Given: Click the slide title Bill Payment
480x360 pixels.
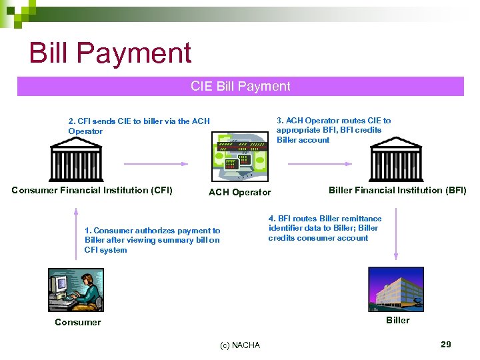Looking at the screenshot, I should (x=110, y=53).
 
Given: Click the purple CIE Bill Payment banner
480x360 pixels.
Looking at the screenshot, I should (x=240, y=86).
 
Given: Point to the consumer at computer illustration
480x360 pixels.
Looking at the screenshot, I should (x=76, y=289).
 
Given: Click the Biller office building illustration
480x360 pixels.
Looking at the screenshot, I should (x=398, y=289).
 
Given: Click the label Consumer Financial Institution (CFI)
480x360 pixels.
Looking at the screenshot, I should (x=92, y=191).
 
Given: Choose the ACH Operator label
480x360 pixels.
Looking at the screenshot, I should (x=240, y=193).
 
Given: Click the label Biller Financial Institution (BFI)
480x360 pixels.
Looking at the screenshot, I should (x=397, y=190).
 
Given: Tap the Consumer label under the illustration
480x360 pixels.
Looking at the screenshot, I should (x=78, y=323).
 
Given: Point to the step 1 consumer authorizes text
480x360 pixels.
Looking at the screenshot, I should (x=152, y=240).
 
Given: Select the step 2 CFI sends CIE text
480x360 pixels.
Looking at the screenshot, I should (x=139, y=126).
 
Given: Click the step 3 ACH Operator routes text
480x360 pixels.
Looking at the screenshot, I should (x=333, y=130).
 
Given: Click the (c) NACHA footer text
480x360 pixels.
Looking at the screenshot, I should (x=240, y=345).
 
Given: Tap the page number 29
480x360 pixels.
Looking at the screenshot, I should (x=445, y=344).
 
